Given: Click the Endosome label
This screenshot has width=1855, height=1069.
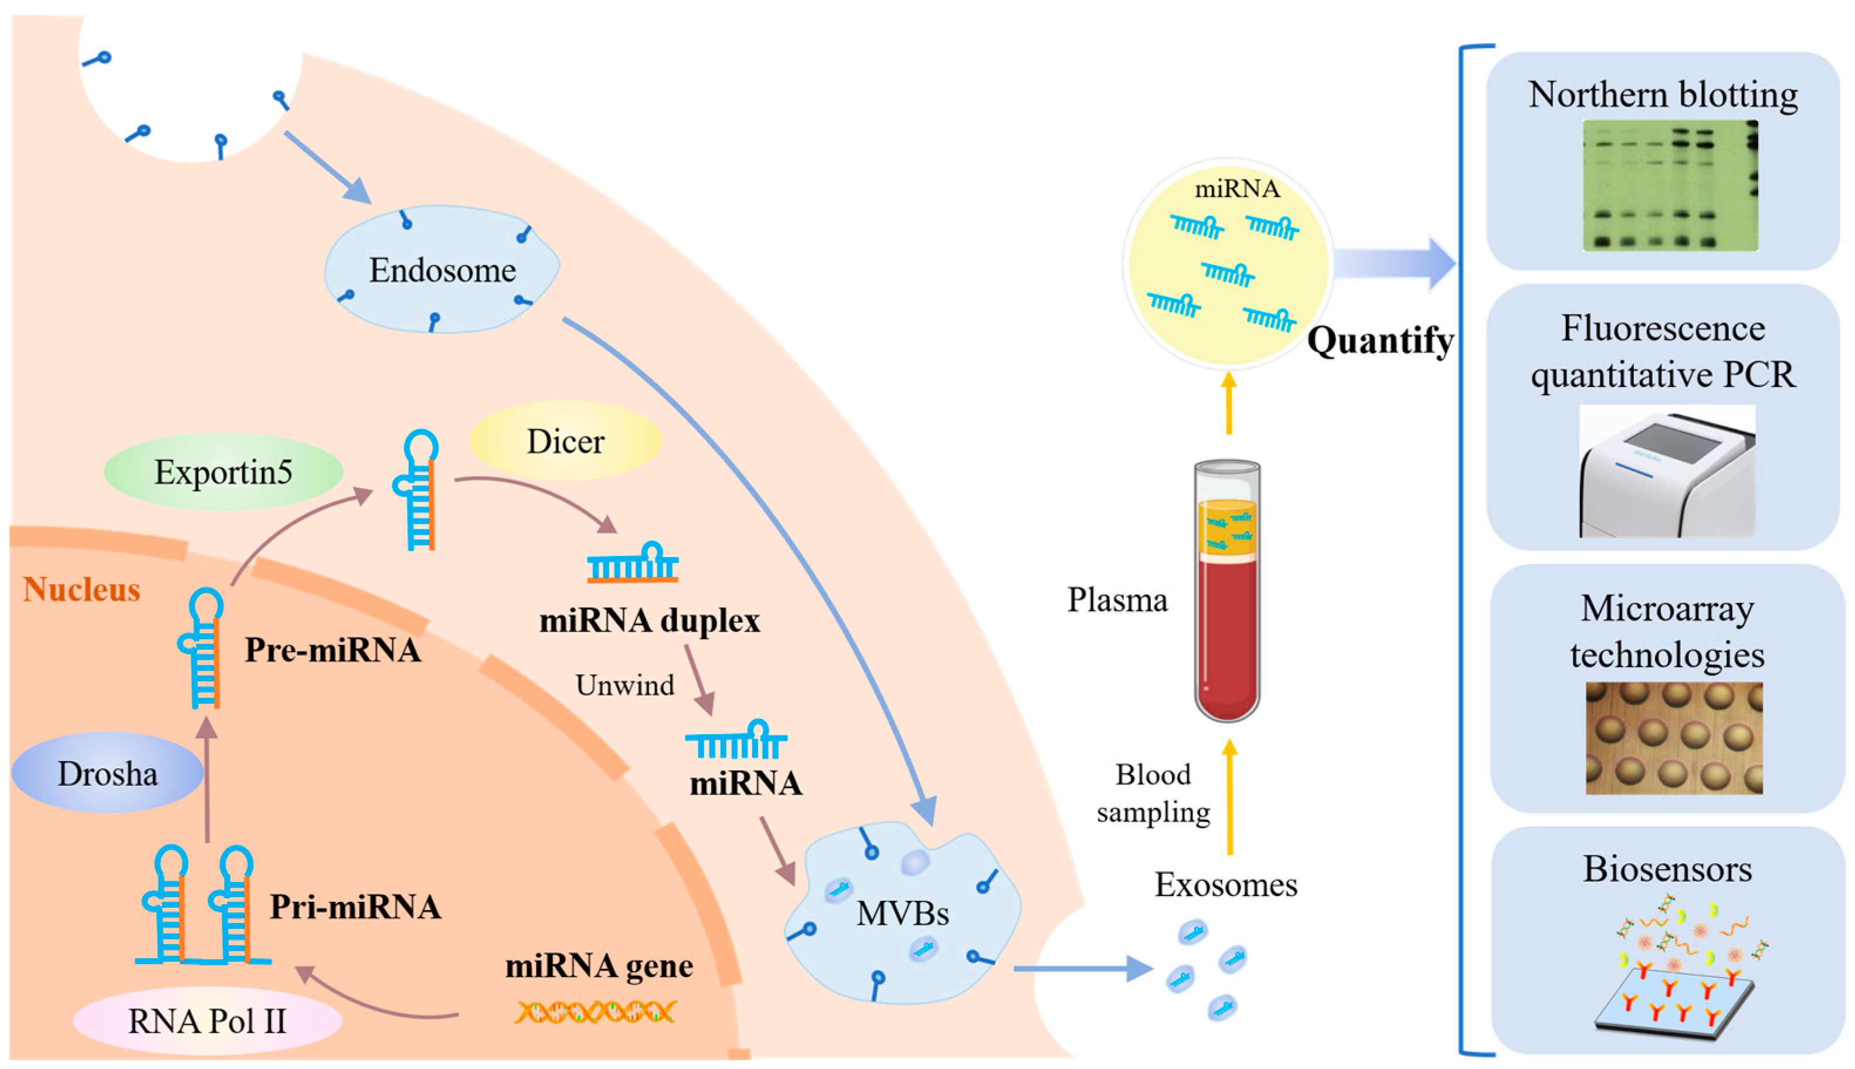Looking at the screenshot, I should click(442, 270).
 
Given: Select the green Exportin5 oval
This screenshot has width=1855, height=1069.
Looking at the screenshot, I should click(223, 472).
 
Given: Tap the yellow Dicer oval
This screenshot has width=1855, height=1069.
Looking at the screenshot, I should click(565, 441).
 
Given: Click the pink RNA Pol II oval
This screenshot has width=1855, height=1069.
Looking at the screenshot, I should click(207, 1020).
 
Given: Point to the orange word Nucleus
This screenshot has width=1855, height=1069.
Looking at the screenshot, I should click(81, 589).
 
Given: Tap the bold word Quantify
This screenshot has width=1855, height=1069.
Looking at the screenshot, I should click(1380, 341).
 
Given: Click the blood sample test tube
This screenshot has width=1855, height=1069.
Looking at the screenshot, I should click(1227, 591).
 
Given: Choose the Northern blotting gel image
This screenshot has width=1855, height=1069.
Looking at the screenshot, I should click(1670, 186).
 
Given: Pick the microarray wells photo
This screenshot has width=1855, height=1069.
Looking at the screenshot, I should click(1674, 738).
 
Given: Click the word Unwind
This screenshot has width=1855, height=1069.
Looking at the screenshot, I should click(625, 685).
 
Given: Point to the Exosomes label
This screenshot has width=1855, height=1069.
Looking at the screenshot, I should click(1226, 885).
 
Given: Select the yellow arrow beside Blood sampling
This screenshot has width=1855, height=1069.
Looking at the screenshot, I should click(1229, 796).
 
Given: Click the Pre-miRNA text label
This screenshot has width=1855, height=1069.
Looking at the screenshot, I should click(332, 650).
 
